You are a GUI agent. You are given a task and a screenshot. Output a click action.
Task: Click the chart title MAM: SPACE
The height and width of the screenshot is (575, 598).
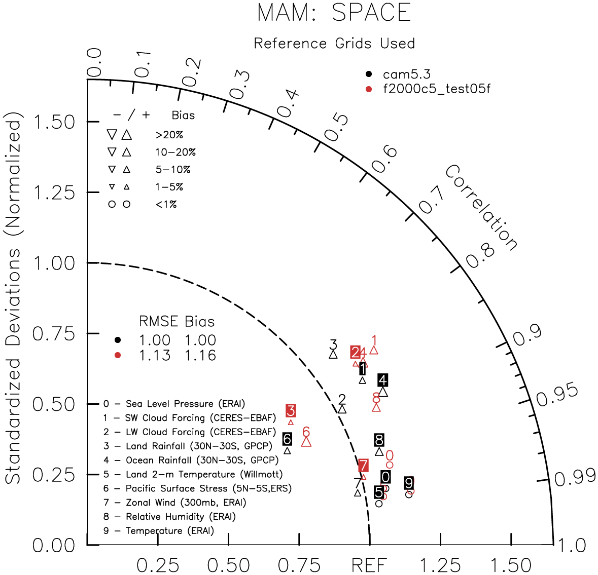(334, 13)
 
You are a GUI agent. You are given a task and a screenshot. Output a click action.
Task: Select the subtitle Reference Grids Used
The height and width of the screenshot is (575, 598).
(334, 44)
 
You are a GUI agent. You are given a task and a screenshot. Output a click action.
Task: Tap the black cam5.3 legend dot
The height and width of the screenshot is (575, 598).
(369, 75)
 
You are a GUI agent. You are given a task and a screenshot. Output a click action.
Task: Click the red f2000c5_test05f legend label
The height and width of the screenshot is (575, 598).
(436, 89)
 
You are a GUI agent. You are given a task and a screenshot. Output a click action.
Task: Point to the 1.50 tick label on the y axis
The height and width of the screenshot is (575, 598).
(54, 122)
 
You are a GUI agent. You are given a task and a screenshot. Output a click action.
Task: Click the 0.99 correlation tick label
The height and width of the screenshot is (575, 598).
(575, 477)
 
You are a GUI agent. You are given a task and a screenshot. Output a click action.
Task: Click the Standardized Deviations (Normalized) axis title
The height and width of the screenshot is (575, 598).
(14, 301)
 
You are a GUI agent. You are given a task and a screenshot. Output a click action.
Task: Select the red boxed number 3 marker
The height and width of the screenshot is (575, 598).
(291, 410)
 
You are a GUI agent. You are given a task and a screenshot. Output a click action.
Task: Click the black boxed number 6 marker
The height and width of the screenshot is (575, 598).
(287, 439)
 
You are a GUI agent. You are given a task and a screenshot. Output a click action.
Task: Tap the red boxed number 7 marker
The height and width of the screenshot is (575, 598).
(363, 466)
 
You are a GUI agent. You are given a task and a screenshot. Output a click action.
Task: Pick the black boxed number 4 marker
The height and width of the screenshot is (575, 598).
(383, 380)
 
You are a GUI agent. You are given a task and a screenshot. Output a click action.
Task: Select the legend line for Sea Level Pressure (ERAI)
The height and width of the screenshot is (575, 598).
(174, 404)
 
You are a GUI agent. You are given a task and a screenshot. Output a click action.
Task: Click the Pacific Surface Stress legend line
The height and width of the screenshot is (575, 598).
(197, 488)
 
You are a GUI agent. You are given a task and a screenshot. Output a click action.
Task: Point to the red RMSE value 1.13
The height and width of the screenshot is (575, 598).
(155, 356)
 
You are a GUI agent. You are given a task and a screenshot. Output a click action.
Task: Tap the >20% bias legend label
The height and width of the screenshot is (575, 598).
(169, 135)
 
